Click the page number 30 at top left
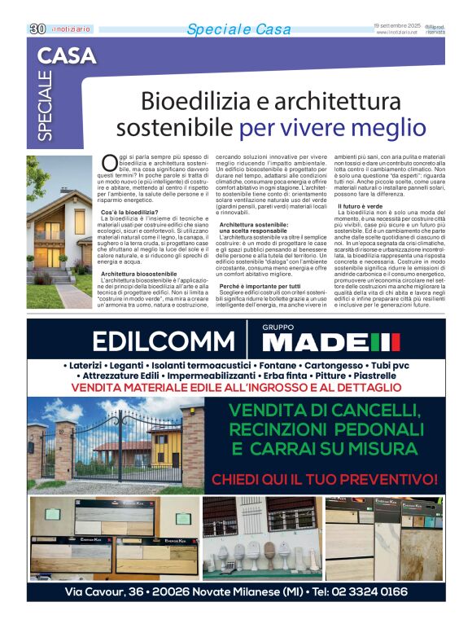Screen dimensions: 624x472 click(37, 29)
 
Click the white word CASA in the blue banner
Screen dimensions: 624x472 click(67, 56)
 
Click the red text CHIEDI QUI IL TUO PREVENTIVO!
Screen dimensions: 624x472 click(325, 479)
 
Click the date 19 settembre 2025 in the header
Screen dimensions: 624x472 click(396, 25)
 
